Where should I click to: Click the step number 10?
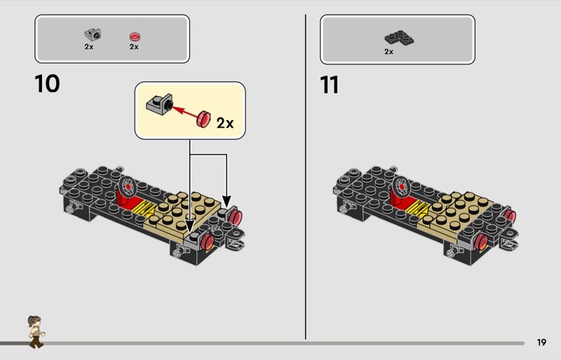point(47,84)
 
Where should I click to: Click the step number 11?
point(329,85)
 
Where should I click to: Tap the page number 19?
point(541,342)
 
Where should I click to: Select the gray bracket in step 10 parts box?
point(93,35)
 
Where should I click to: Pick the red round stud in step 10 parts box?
point(135,36)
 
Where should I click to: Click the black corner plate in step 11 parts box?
point(399,38)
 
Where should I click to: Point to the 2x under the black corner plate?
point(389,52)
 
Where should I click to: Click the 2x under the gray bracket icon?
point(89,46)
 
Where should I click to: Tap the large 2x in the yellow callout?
point(225,123)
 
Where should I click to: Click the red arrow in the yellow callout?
point(186,110)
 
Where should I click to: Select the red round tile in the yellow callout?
point(203,119)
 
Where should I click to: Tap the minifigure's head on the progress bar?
point(34,321)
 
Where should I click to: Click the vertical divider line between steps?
point(306,177)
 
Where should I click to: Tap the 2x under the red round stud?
point(134,46)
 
